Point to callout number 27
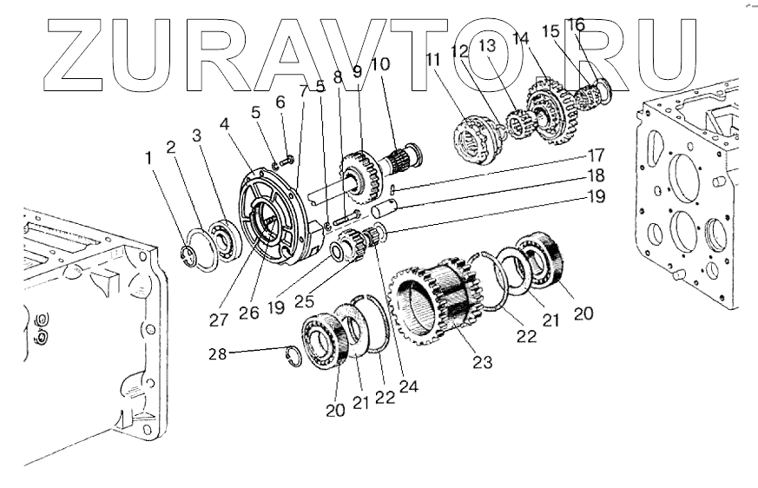click(219, 319)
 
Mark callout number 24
click(405, 386)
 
